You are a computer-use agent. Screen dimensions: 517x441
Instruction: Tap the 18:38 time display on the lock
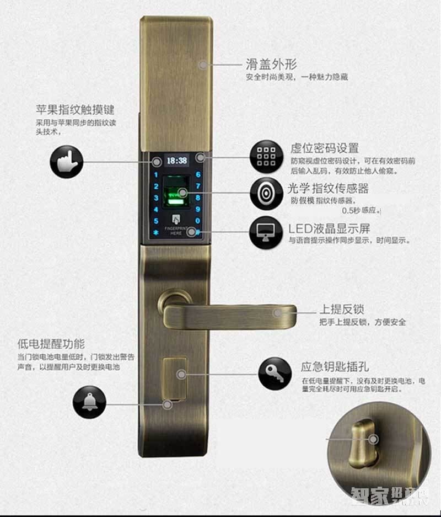point(176,161)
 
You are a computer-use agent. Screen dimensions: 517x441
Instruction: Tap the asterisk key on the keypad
point(156,232)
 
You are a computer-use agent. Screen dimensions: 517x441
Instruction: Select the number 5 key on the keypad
point(156,221)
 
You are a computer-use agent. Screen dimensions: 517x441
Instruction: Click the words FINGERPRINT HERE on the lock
point(176,231)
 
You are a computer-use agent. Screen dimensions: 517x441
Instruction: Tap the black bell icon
point(89,401)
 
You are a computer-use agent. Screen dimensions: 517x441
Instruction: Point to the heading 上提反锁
point(342,309)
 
